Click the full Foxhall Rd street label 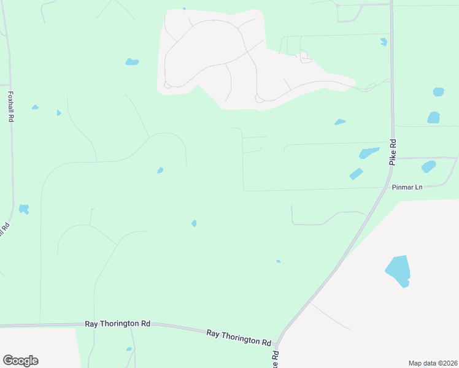point(10,107)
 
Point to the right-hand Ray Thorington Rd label point(239,337)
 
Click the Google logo point(20,361)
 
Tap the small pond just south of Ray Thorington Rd point(129,350)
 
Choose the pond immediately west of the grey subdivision point(132,62)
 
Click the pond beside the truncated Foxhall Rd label point(24,209)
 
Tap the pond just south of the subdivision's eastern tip point(340,122)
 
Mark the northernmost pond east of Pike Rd point(438,92)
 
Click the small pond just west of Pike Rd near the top point(384,42)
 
